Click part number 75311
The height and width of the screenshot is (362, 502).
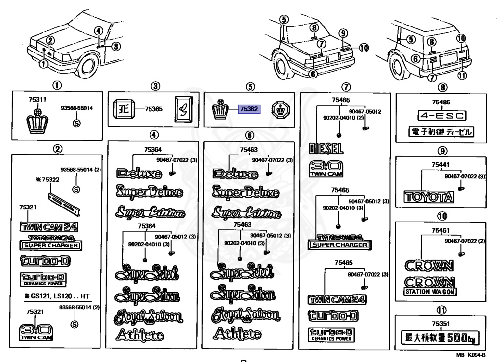(x=37, y=100)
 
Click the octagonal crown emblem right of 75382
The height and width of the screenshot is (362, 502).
(x=280, y=109)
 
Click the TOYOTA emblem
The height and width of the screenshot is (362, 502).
(x=428, y=197)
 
